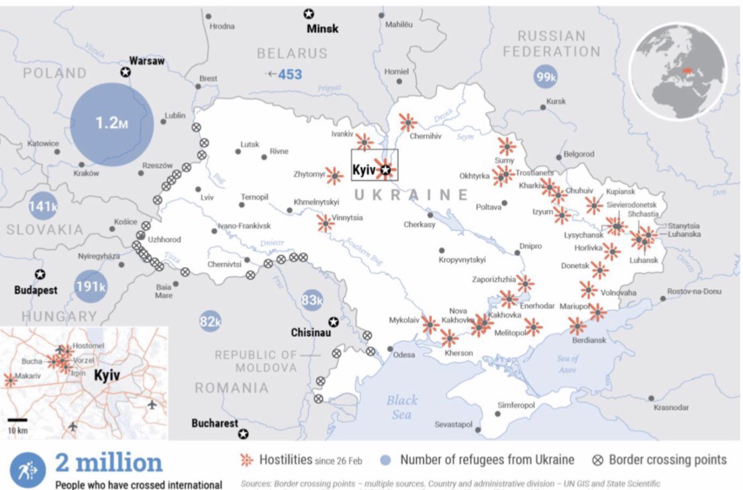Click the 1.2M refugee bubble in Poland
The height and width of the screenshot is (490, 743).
click(111, 124)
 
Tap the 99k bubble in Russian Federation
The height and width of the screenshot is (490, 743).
click(545, 77)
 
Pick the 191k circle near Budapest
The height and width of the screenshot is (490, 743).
click(90, 287)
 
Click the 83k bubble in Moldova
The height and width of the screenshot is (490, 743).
click(312, 300)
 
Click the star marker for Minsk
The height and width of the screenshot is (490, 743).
click(309, 13)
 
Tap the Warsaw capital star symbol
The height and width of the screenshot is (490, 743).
click(125, 72)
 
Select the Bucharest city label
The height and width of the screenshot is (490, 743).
click(214, 424)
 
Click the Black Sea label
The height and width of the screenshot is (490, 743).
click(401, 407)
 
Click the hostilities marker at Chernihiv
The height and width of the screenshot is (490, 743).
click(407, 122)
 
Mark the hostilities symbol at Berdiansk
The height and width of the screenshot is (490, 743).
click(577, 326)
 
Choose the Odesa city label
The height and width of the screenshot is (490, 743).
click(404, 355)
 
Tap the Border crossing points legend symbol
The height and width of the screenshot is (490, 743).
click(598, 460)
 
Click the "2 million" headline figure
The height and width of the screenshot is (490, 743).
click(108, 462)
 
